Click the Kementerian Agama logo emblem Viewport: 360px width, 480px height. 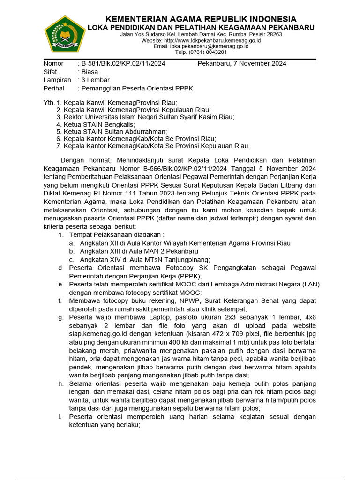click(65, 34)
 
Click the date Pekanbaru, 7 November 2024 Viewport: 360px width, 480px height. click(242, 64)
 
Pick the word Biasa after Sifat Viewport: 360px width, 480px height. click(90, 72)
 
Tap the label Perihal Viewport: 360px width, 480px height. click(54, 89)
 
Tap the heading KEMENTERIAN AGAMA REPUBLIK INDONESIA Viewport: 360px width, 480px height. click(201, 19)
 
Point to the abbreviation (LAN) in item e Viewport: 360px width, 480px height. click(309, 284)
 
